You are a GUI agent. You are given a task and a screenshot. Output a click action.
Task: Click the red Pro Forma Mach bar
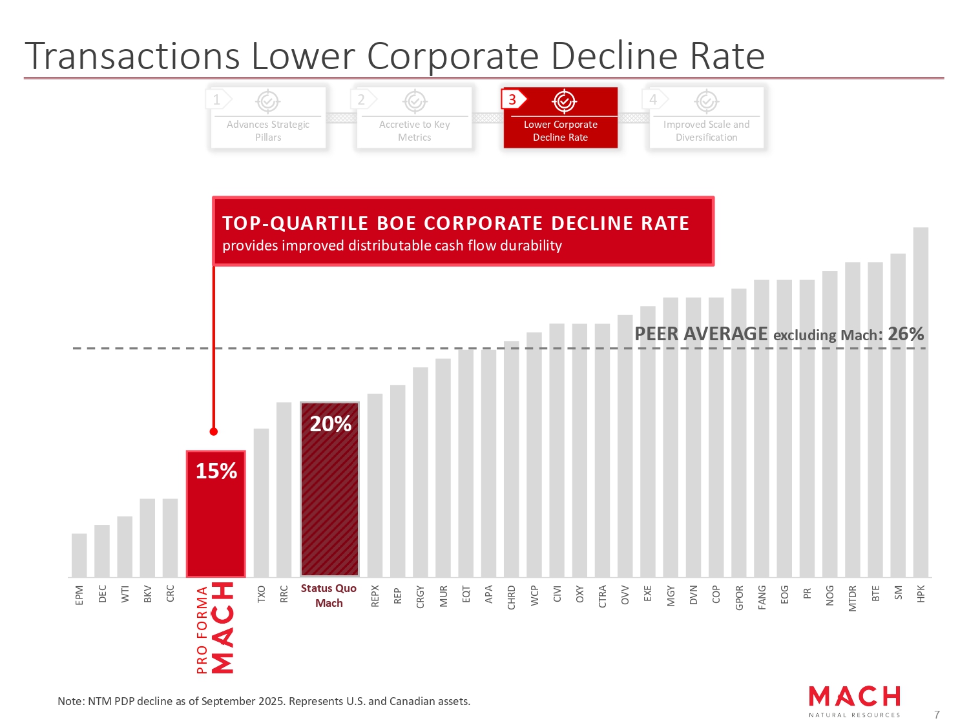216,523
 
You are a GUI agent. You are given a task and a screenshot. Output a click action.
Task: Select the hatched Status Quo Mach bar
329,497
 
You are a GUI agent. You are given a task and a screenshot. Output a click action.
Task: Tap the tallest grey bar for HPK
921,400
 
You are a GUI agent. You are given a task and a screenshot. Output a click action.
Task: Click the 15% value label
216,471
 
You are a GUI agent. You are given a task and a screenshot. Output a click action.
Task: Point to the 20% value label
330,424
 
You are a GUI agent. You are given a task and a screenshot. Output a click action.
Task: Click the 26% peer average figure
906,334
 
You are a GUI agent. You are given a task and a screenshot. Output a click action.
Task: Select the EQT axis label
466,594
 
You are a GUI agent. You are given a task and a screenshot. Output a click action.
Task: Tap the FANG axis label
762,597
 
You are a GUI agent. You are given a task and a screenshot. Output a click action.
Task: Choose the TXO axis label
261,594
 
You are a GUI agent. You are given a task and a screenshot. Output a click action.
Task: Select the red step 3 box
560,117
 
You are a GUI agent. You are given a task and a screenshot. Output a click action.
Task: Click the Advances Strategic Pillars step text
268,130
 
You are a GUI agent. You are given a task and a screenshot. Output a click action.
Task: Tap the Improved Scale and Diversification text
706,130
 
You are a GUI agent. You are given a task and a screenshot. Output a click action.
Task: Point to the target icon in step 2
414,101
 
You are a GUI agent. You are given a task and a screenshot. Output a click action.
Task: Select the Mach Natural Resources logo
854,700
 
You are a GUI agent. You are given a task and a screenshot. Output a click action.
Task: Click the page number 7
937,715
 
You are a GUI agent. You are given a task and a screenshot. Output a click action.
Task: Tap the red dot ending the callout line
214,431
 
